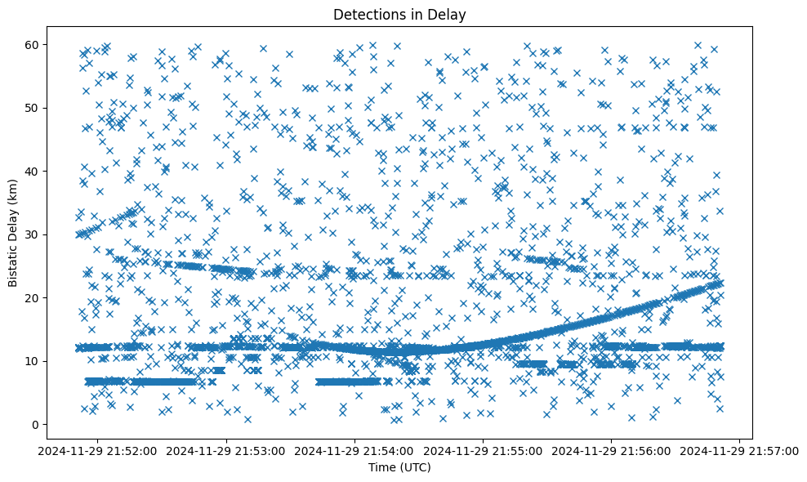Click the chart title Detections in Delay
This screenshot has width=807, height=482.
[x=399, y=14]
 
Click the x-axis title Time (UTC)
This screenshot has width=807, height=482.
[x=399, y=468]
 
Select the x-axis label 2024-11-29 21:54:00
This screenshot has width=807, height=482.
[x=355, y=451]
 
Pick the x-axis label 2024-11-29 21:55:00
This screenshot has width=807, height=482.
[x=484, y=451]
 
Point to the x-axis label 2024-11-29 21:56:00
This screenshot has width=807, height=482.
[x=612, y=451]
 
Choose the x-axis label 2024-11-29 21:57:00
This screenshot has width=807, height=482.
[x=740, y=451]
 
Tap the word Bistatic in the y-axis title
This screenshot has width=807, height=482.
[x=14, y=261]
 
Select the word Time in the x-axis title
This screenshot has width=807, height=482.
[x=382, y=468]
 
